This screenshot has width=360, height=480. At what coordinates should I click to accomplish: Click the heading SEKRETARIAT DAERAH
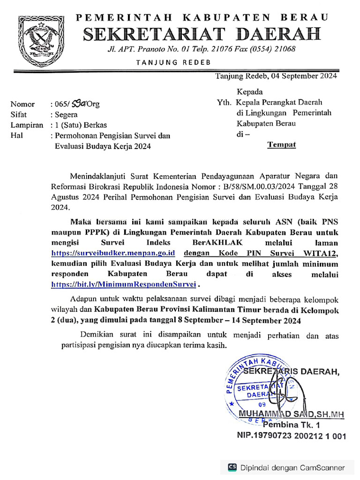coord(202,34)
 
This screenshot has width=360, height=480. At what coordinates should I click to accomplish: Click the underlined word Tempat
coord(281,144)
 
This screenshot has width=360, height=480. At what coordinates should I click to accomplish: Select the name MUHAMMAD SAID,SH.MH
coord(292,413)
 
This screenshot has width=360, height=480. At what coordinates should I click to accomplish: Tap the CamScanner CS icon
coord(232,467)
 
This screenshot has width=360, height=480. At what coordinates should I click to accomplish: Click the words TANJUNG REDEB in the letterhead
coord(173,62)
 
